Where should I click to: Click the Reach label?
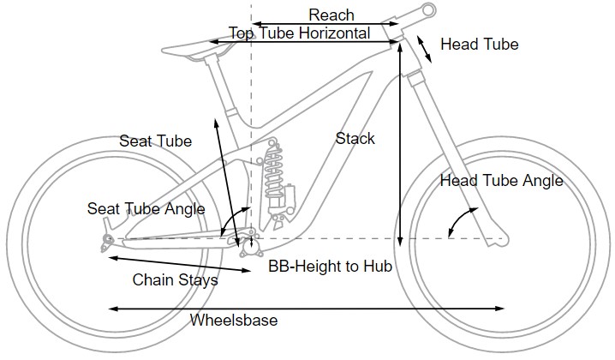coord(331,15)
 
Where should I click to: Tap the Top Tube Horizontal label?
coord(299,33)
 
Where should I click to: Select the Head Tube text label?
coord(479,44)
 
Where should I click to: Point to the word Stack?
coord(355,138)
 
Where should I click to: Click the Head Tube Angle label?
coord(501,180)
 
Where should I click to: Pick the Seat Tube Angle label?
coord(146,208)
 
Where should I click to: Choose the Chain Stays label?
coord(175,279)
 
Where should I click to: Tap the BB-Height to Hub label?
coord(330,267)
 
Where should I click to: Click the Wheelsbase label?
coord(233,320)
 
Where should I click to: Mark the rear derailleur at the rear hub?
coord(107,242)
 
